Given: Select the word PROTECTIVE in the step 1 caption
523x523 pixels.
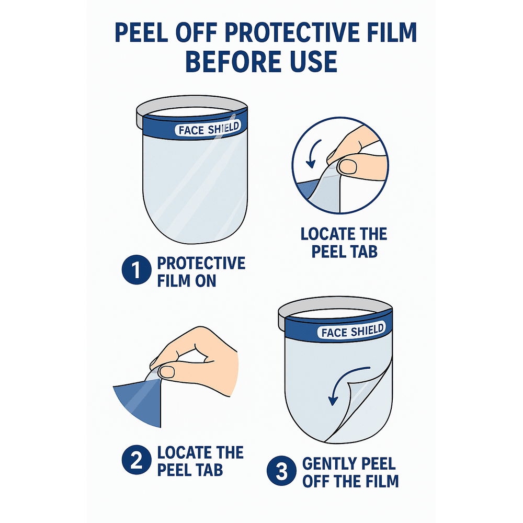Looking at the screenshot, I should [x=201, y=263].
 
